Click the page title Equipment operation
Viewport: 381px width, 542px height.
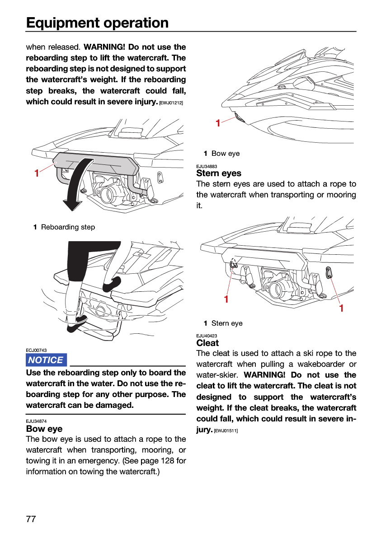click(97, 23)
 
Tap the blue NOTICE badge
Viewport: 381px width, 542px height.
click(46, 360)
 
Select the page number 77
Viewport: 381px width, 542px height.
click(31, 519)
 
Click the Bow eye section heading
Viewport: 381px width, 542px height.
click(44, 429)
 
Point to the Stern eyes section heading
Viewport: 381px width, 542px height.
click(219, 173)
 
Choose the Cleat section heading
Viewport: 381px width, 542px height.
click(207, 343)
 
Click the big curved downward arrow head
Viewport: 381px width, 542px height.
click(72, 205)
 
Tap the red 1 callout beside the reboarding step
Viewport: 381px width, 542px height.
click(37, 173)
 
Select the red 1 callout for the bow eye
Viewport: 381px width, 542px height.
click(218, 123)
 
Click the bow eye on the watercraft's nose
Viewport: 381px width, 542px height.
click(240, 118)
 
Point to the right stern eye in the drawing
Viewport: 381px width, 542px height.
click(329, 272)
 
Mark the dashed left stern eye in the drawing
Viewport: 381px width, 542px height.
click(233, 263)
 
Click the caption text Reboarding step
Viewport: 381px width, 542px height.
click(68, 227)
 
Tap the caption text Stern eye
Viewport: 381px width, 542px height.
click(227, 323)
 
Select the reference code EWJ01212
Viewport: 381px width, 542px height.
click(171, 103)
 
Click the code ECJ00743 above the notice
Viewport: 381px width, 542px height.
click(36, 350)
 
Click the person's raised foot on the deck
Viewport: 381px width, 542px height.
click(112, 284)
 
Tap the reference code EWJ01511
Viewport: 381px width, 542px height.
click(226, 431)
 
